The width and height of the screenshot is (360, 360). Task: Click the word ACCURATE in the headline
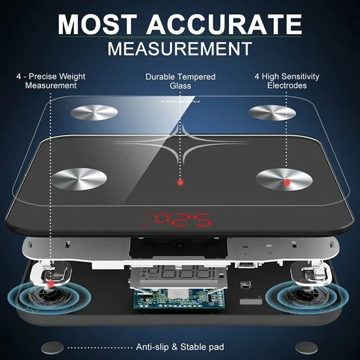(x=224, y=24)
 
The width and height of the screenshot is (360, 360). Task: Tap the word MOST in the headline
(x=98, y=24)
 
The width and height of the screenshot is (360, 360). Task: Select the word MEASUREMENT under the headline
(x=180, y=48)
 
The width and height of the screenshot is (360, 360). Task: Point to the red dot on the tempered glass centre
(x=181, y=183)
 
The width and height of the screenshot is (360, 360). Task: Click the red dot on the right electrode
(x=287, y=183)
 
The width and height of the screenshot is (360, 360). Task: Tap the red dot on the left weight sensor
(x=51, y=284)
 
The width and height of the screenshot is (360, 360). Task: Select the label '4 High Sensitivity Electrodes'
(x=287, y=81)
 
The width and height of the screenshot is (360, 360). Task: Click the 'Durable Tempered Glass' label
(x=181, y=81)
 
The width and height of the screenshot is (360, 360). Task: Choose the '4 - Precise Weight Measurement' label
(x=51, y=81)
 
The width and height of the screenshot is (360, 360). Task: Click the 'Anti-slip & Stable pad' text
(x=180, y=347)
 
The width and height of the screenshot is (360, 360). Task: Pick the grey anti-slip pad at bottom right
(x=306, y=348)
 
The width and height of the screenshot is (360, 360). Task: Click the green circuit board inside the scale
(x=179, y=298)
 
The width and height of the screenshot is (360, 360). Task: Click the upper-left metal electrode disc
(x=94, y=113)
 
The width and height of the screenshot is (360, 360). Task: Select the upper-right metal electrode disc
(x=272, y=113)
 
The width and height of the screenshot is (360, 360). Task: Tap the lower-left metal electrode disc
(x=79, y=179)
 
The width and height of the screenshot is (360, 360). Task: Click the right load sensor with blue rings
(x=307, y=295)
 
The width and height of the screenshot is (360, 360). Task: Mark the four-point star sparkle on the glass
(x=181, y=143)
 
